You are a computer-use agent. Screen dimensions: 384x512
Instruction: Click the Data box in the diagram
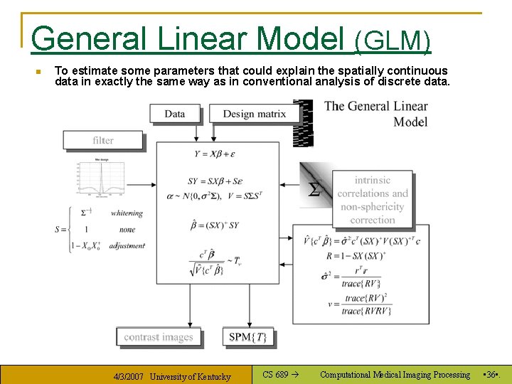(175, 114)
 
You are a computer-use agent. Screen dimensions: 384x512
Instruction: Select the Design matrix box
(254, 114)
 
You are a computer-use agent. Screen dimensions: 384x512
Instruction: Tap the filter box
(103, 140)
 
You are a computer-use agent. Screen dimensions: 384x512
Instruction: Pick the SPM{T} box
(248, 337)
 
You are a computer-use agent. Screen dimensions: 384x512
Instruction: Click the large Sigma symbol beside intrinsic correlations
(314, 189)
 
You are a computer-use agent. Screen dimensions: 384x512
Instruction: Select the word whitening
(126, 213)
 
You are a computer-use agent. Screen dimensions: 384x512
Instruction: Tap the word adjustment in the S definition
(127, 245)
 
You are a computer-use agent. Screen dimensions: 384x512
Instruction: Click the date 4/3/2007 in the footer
(129, 376)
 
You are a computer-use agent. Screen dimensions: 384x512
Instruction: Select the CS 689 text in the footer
(276, 375)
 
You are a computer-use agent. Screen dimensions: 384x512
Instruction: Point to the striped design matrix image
(304, 123)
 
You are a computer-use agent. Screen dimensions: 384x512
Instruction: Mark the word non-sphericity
(372, 207)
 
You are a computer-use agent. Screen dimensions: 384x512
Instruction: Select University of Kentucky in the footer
(191, 376)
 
